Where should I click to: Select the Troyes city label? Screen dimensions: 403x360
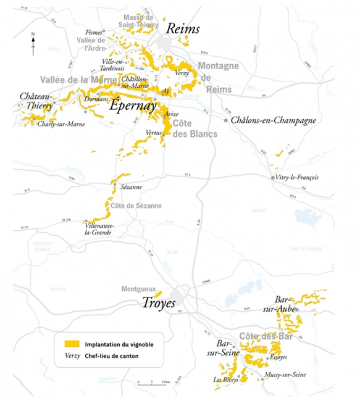(151, 304)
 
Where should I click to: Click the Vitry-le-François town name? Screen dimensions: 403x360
(298, 178)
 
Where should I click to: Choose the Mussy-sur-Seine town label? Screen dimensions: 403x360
(288, 374)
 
